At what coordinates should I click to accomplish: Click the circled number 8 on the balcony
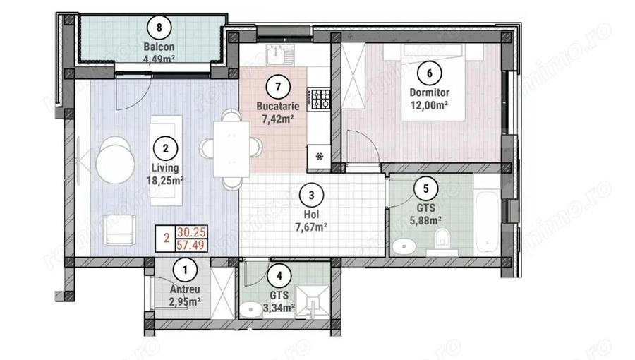pyautogui.click(x=160, y=28)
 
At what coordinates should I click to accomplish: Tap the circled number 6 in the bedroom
pyautogui.click(x=429, y=71)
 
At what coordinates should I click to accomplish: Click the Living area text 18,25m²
pyautogui.click(x=164, y=180)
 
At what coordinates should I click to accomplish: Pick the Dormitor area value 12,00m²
pyautogui.click(x=429, y=105)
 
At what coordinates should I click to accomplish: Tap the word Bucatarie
pyautogui.click(x=278, y=106)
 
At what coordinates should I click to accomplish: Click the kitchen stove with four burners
pyautogui.click(x=322, y=98)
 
